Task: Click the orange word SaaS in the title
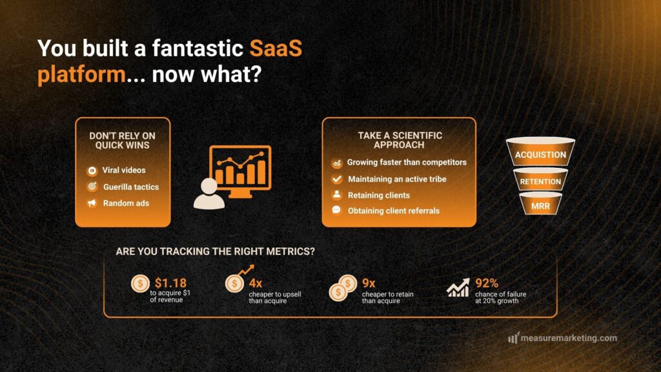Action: coord(276,48)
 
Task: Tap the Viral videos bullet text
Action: coord(124,170)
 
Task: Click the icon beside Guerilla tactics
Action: coord(92,187)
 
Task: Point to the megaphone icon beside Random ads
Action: coord(92,203)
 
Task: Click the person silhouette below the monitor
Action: coord(208,194)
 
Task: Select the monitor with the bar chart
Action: coord(240,170)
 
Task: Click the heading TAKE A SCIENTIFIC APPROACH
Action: coord(400,140)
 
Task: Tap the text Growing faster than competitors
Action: coord(406,163)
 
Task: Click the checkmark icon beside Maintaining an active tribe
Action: coord(336,179)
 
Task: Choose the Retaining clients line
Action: coord(378,195)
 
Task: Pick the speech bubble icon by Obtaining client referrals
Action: coord(336,211)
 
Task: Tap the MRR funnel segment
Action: coord(540,205)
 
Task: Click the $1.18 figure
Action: coord(170,283)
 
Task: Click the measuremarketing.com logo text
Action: coord(569,338)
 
